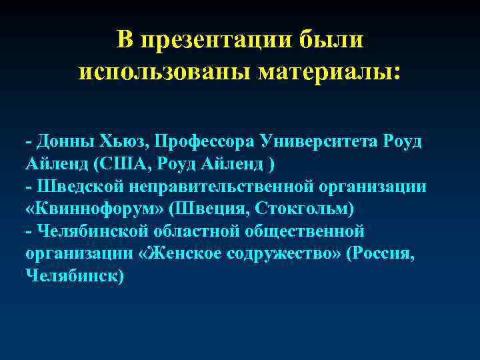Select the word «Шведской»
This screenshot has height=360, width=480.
coord(73,186)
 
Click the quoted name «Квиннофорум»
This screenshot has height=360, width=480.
coord(93,208)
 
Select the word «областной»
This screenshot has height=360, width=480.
coord(199,231)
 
